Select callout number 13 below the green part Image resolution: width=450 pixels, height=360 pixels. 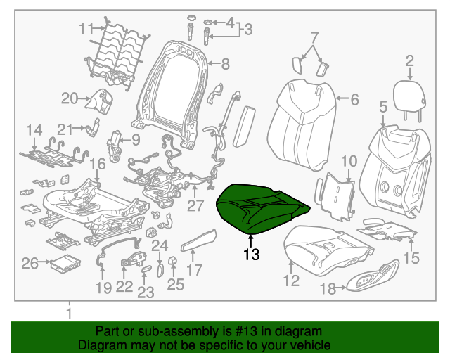click(251, 255)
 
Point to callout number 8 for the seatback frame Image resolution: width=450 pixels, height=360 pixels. click(225, 65)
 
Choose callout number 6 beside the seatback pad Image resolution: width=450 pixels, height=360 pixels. click(354, 100)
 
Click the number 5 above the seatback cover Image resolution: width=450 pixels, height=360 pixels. click(383, 108)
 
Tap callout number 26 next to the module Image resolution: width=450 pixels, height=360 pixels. click(30, 264)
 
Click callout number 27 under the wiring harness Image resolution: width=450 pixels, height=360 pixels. click(195, 205)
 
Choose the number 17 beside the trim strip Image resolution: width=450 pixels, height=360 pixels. click(194, 269)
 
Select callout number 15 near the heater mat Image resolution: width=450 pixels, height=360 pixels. click(411, 258)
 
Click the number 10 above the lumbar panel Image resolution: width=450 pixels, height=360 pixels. click(349, 162)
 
